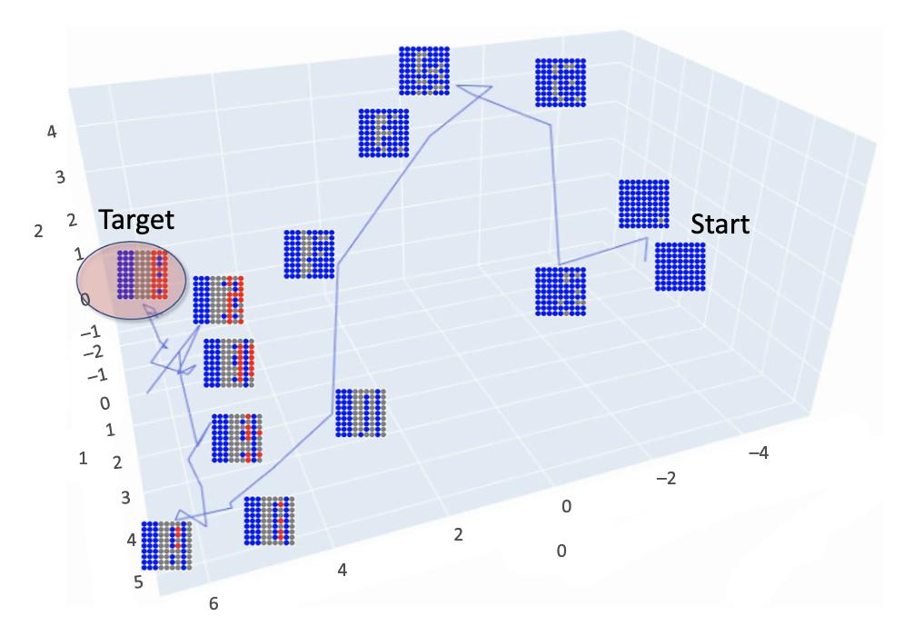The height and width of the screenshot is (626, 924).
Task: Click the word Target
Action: pos(136,221)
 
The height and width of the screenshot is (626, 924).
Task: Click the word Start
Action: pos(720,224)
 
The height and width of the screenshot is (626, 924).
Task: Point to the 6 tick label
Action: pos(214,603)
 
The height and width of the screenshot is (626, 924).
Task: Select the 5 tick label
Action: pos(138,582)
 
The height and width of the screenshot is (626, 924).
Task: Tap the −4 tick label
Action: pos(759,452)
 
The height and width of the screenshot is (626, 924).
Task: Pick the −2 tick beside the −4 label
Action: pos(666,478)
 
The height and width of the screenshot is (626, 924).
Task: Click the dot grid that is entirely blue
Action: pos(680,266)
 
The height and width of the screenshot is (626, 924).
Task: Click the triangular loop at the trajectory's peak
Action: pos(475,93)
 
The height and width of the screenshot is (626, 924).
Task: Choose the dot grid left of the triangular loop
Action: pos(424,71)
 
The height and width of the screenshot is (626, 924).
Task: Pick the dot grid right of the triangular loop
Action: pos(561,83)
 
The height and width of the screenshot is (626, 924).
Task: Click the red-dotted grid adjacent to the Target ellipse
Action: pos(218,300)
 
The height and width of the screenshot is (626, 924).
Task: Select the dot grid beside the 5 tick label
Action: pos(167,545)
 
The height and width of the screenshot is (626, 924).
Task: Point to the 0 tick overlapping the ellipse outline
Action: pos(85,300)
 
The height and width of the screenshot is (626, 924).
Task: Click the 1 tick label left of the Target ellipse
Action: pos(78,254)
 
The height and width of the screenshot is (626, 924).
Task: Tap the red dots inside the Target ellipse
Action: pos(159,274)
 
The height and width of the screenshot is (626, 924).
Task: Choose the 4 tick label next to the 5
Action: pos(132,540)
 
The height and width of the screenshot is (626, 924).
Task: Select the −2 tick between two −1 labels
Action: pos(93,353)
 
